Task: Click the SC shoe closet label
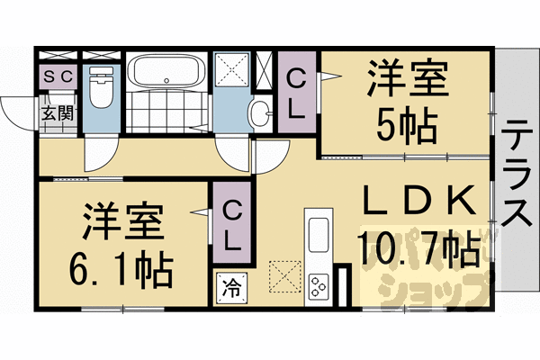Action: click(59, 76)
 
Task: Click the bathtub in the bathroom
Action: click(164, 71)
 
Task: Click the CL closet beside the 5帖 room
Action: click(296, 90)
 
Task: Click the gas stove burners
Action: click(319, 287)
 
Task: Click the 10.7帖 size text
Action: click(418, 249)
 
